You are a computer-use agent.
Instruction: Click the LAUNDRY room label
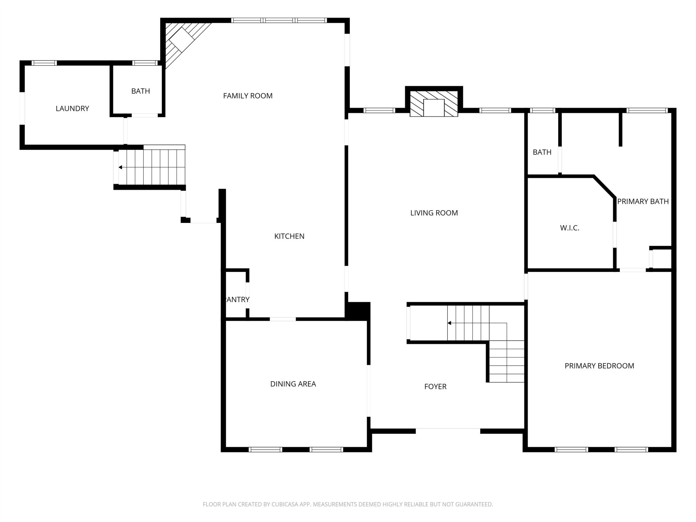pyautogui.click(x=72, y=108)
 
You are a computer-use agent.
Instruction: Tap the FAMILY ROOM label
pyautogui.click(x=248, y=96)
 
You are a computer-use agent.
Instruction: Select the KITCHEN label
pyautogui.click(x=289, y=236)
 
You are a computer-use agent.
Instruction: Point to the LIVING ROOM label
pyautogui.click(x=434, y=213)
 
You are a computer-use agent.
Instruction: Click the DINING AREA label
pyautogui.click(x=293, y=384)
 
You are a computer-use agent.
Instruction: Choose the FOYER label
pyautogui.click(x=435, y=387)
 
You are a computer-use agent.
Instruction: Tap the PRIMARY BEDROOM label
pyautogui.click(x=599, y=366)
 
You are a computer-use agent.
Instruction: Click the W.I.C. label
pyautogui.click(x=569, y=228)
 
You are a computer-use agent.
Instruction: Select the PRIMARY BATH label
pyautogui.click(x=643, y=202)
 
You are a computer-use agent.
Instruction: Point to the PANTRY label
pyautogui.click(x=237, y=300)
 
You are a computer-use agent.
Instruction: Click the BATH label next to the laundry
pyautogui.click(x=141, y=91)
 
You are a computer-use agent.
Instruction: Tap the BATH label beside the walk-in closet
pyautogui.click(x=542, y=153)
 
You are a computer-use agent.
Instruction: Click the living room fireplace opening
pyautogui.click(x=434, y=108)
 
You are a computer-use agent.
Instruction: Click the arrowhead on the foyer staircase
pyautogui.click(x=449, y=323)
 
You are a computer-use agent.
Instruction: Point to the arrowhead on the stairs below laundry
pyautogui.click(x=120, y=167)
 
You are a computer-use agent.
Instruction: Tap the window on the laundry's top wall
pyautogui.click(x=44, y=63)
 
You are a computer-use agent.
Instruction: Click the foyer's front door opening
pyautogui.click(x=448, y=431)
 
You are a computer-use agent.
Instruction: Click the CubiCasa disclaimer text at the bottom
pyautogui.click(x=348, y=504)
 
